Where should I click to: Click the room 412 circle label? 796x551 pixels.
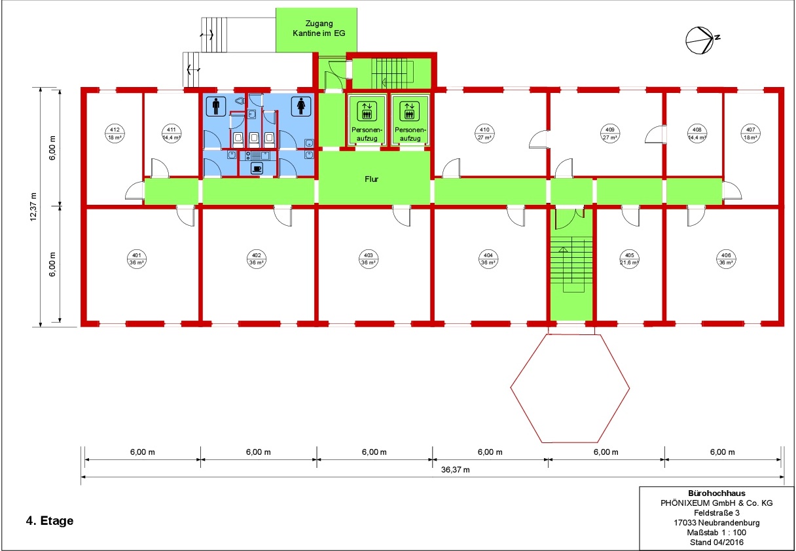point(115,133)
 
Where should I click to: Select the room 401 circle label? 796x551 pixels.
point(136,259)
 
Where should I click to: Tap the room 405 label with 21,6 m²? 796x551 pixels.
point(629,259)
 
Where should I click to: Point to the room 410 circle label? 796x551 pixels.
point(484,133)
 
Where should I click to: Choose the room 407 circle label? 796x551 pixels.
point(750,133)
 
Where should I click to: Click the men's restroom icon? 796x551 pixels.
point(216,106)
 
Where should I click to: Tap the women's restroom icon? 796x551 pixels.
point(301,106)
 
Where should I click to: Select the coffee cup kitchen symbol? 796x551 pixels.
point(257,168)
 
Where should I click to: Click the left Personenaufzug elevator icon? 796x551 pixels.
point(367,111)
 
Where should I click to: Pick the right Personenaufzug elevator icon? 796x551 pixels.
point(409,111)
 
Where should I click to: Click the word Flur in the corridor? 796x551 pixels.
point(371,179)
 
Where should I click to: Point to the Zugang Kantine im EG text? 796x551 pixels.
point(319,28)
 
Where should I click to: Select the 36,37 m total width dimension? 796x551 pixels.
point(455,470)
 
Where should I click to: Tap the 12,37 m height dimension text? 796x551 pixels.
point(33,207)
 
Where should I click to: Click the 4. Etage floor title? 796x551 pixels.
point(50,521)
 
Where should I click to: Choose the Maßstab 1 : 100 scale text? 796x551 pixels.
point(716,533)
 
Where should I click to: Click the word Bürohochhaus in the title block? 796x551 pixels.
point(716,493)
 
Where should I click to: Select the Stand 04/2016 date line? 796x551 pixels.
point(716,542)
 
